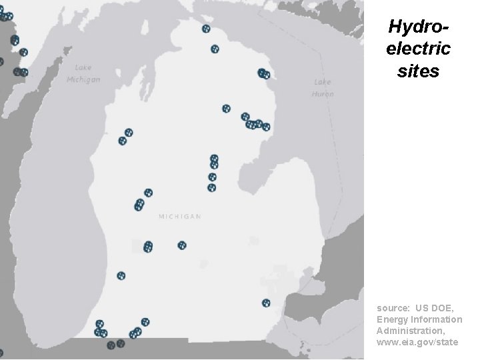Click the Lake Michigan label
83,73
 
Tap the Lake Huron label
322,87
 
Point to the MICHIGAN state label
180,217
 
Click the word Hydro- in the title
418,27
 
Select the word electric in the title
418,49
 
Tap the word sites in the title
418,71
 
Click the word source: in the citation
393,308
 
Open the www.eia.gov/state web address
417,342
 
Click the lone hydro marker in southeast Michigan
266,303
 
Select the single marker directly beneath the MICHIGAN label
182,245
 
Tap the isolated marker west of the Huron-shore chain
227,108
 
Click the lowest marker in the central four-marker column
211,188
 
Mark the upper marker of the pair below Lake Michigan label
129,133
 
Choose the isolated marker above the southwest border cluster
121,275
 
